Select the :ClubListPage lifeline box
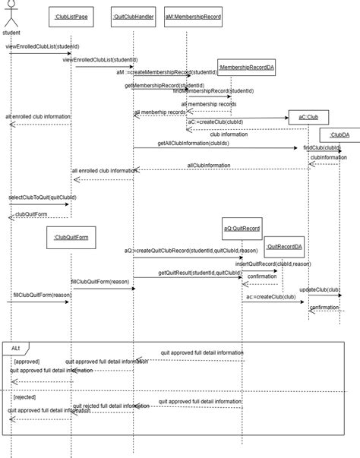point(71,15)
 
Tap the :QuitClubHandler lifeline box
point(134,15)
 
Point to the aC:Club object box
point(308,117)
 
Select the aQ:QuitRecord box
point(242,227)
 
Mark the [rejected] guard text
point(25,396)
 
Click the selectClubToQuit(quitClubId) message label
point(43,197)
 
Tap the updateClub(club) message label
point(320,289)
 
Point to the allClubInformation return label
point(210,165)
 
